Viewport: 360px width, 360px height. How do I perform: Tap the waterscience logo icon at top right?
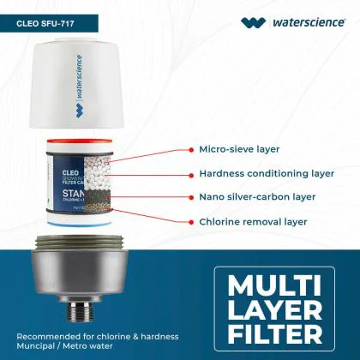pos(254,23)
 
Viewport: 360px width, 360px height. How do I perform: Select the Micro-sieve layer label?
pos(239,148)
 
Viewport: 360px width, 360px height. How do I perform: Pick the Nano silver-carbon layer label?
pos(256,196)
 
